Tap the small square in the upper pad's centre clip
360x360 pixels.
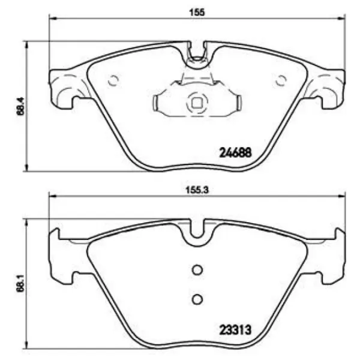[x=196, y=103]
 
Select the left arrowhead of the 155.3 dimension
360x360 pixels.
[x=50, y=196]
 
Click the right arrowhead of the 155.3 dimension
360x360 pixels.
[x=343, y=196]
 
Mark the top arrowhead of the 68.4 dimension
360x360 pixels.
[x=25, y=43]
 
